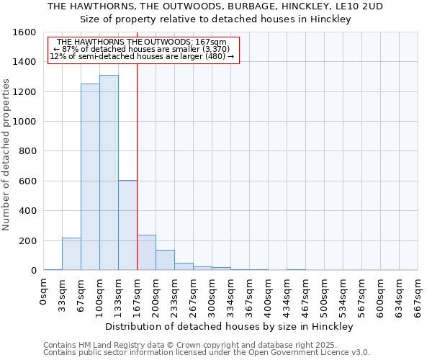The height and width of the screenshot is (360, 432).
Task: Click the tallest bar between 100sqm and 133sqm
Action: tap(109, 173)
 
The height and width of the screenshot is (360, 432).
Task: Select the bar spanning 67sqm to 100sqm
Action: tap(90, 177)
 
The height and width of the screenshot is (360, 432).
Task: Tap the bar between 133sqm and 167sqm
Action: tap(127, 225)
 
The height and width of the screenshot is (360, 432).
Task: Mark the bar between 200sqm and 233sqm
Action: tap(165, 260)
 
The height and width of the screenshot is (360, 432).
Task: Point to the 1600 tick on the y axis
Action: tap(25, 32)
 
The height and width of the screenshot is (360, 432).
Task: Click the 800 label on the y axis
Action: tap(28, 151)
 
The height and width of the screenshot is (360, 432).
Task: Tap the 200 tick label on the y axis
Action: tap(28, 241)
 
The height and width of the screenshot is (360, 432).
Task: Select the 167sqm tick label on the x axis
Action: tap(137, 293)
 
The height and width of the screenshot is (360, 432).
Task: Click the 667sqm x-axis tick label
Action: tap(418, 293)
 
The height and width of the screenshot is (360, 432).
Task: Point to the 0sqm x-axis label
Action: tap(43, 291)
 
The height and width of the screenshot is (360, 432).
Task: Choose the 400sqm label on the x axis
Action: tap(268, 293)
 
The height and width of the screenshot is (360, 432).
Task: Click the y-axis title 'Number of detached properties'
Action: tap(7, 151)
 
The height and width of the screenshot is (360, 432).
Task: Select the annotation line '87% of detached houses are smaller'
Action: tap(141, 49)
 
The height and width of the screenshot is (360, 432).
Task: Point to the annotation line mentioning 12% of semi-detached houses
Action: tap(142, 56)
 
